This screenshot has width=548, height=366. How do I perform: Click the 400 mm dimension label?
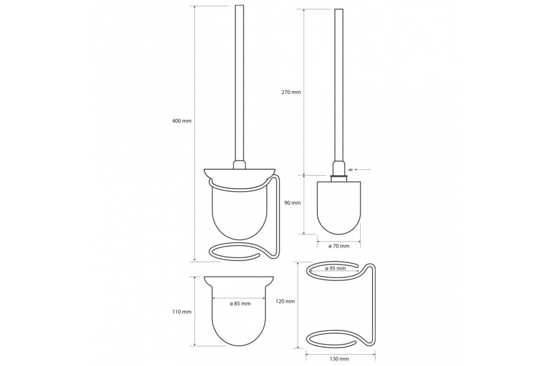182,121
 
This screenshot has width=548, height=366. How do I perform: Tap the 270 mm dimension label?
291,92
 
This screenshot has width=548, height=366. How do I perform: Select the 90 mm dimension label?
292,203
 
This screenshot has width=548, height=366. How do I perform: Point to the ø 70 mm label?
339,246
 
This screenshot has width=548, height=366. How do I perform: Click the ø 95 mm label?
335,269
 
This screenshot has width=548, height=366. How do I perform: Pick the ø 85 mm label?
240,303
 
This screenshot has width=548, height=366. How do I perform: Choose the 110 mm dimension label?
182,312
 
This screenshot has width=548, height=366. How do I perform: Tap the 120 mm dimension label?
285,301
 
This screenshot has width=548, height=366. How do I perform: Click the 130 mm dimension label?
339,359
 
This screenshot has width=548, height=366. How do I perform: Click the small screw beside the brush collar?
350,169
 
